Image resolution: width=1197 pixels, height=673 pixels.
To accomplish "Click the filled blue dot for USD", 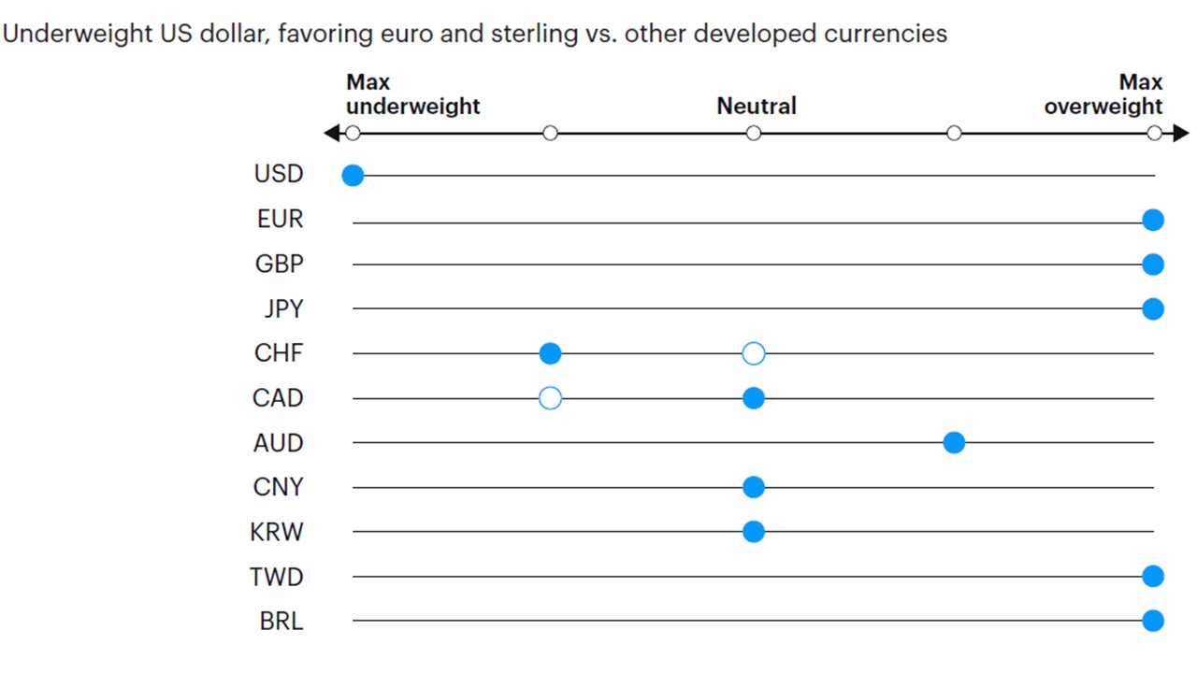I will point(353,175).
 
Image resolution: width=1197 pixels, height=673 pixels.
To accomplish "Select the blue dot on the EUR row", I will point(1153,220).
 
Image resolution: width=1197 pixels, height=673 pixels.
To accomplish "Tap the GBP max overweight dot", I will point(1153,265).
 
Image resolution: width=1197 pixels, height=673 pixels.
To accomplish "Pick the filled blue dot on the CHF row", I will point(550,353).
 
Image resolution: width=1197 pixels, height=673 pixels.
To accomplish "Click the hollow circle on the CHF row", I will point(754,353).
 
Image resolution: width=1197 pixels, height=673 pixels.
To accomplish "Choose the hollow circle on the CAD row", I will point(550,398).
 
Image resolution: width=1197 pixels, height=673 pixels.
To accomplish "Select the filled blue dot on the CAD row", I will point(754,398).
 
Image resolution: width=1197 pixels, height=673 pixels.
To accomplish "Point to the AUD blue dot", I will point(954,443).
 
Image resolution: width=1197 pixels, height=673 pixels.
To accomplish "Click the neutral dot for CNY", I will point(754,487).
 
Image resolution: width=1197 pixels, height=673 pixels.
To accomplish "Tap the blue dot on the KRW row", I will point(754,532).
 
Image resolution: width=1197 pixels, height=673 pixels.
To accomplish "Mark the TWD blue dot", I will point(1153,577).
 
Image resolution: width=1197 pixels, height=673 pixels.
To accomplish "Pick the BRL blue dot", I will point(1153,621).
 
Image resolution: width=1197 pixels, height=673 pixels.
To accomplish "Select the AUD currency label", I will point(279,443).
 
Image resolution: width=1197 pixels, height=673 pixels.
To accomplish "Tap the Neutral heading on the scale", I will point(757,107).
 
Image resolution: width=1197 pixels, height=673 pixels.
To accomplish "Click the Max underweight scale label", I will point(412,94).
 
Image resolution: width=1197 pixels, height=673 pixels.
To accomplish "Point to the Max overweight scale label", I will point(1104,94).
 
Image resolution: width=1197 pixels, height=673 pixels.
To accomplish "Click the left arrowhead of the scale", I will point(331,134).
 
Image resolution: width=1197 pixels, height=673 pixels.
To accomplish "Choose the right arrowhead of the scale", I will point(1181,134).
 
